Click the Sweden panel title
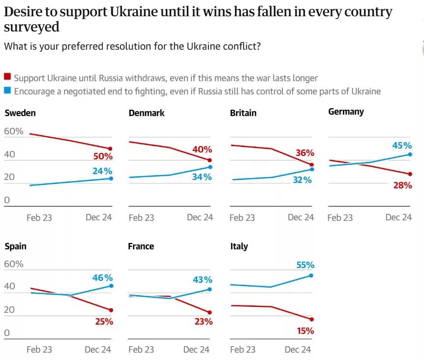click(20, 113)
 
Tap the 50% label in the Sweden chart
click(103, 157)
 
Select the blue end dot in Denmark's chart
click(210, 167)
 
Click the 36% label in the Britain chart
click(304, 153)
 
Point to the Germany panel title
click(346, 112)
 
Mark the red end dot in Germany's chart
click(410, 174)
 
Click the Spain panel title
click(16, 246)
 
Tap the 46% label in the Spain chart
click(103, 278)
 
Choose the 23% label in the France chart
click(203, 322)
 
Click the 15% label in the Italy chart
click(305, 331)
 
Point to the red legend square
click(7, 77)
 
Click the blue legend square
click(7, 91)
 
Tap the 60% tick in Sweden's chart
click(13, 131)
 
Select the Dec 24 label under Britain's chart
click(301, 217)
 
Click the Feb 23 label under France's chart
click(141, 350)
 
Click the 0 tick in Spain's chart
click(7, 333)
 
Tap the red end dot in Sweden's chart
click(110, 149)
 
